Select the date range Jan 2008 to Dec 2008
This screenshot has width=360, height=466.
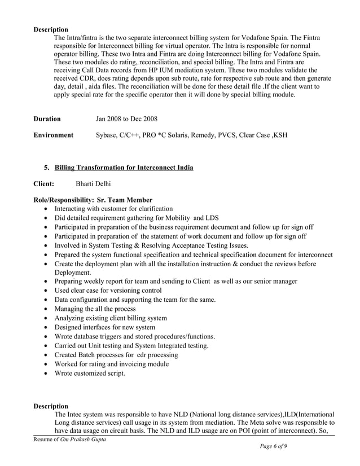tap(126, 119)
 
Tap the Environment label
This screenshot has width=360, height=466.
tap(53, 135)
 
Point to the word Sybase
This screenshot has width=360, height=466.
tap(107, 135)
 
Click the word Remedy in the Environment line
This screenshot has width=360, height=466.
tap(206, 135)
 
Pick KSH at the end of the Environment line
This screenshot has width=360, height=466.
tap(280, 135)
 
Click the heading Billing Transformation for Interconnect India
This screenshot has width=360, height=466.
tap(124, 168)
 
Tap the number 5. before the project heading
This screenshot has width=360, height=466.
tap(47, 168)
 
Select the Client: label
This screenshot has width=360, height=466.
tap(44, 184)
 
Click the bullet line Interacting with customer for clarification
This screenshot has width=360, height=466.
tap(113, 208)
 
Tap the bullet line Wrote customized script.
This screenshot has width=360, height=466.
tap(90, 373)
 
